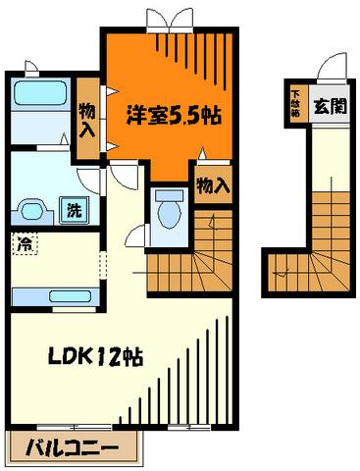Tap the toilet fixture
coord(169,210)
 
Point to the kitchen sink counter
coord(54,297)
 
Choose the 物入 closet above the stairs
coord(214,183)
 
